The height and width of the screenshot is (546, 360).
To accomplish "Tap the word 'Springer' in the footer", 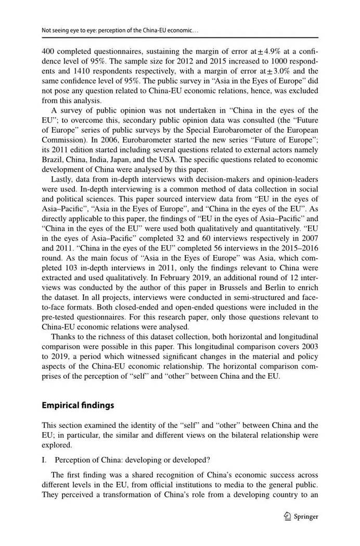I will point(306,517).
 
